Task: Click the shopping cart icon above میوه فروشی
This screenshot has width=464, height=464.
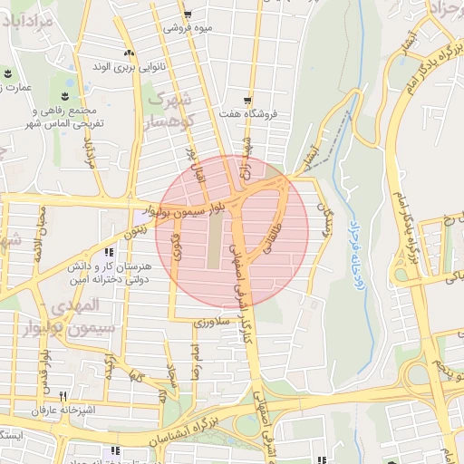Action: [188, 14]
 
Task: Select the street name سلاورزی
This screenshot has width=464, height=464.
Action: [214, 321]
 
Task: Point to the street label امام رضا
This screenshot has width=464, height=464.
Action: [193, 358]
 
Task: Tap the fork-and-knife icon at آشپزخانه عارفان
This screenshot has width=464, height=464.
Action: [63, 395]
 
